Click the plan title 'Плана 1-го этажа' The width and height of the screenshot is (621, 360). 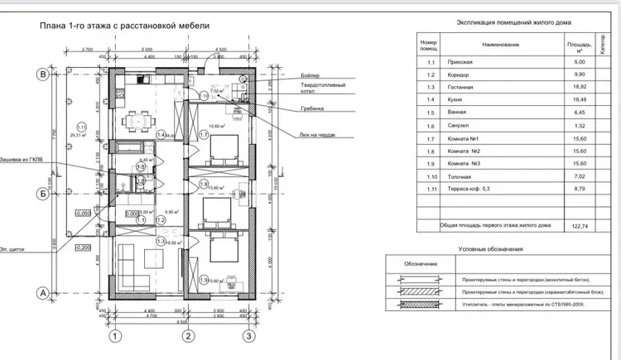click(124, 26)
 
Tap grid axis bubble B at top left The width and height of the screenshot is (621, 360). click(41, 74)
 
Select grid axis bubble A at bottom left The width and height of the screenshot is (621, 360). click(41, 292)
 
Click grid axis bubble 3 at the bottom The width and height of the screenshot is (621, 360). click(246, 335)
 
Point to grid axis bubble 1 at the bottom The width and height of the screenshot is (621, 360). click(117, 335)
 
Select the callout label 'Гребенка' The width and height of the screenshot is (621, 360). click(313, 108)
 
